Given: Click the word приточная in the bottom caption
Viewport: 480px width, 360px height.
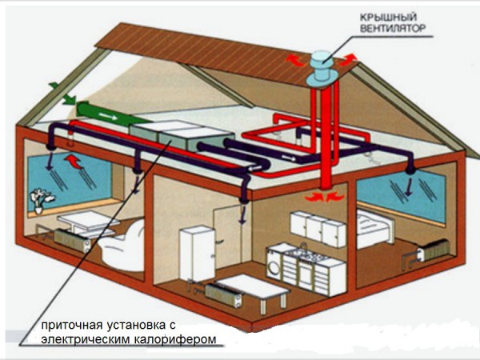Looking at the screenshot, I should coord(69,326).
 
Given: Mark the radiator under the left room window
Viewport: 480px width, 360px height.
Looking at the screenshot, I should coord(67,240).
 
